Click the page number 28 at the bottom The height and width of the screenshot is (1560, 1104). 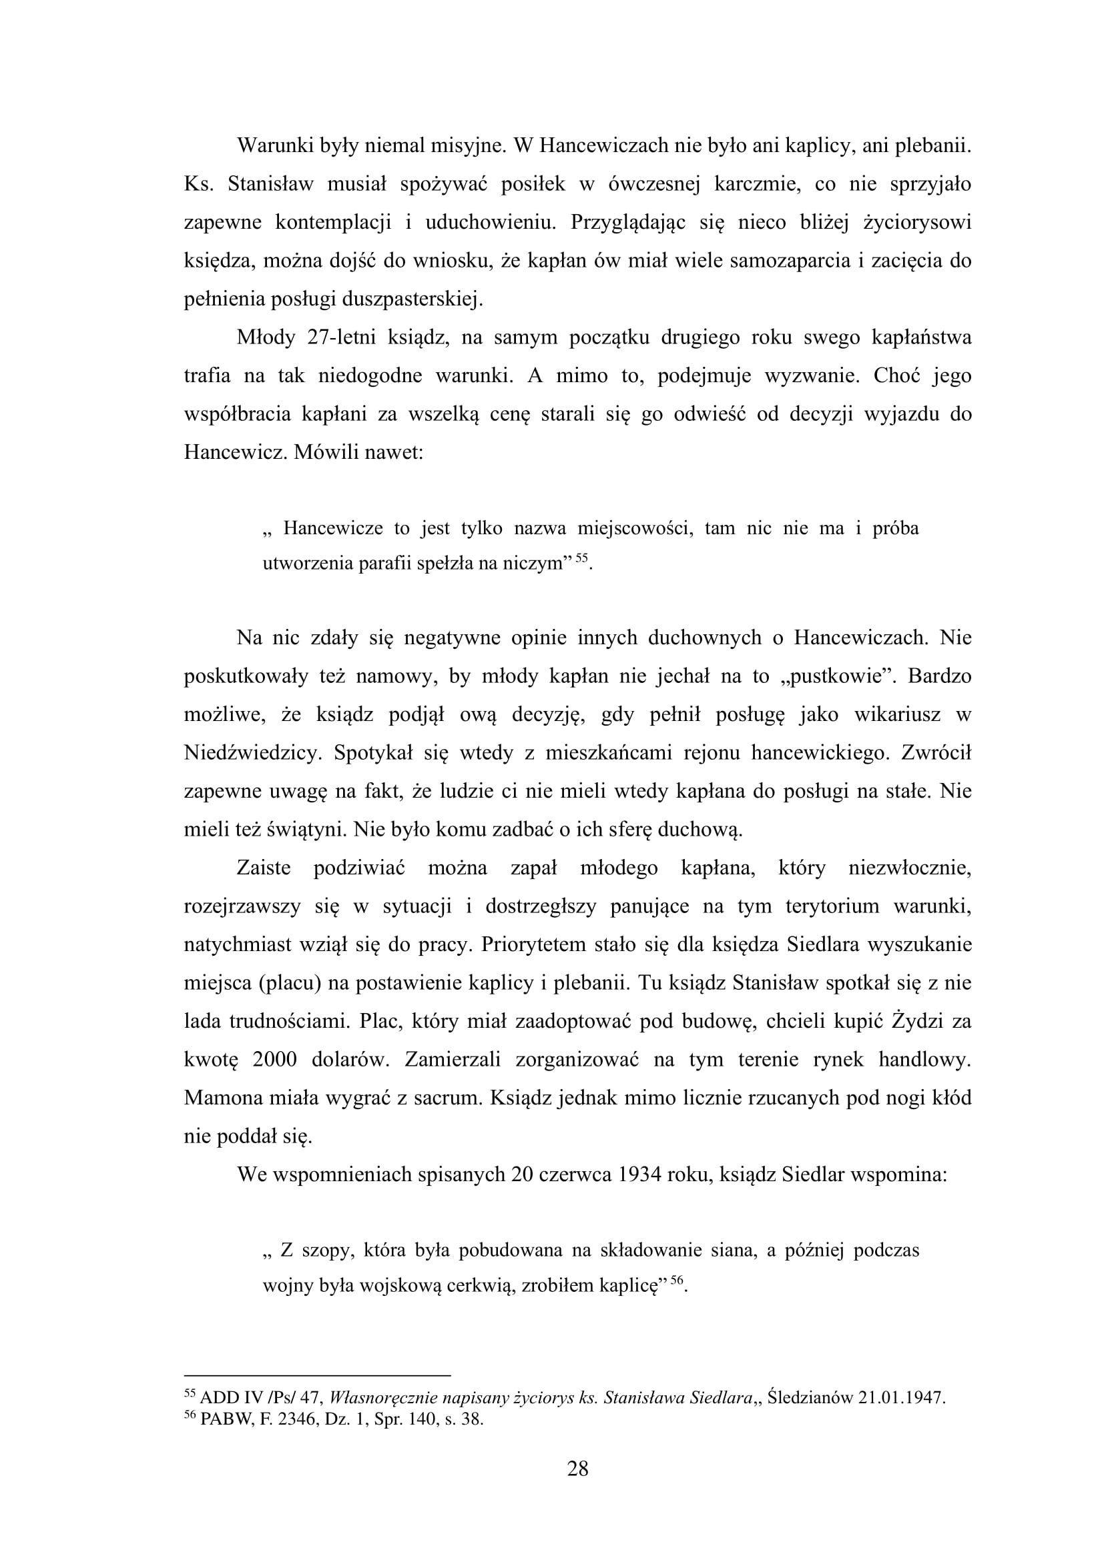pos(577,1469)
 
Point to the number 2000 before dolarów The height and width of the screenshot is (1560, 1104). pos(275,1060)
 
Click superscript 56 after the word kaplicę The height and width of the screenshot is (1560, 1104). pos(676,1280)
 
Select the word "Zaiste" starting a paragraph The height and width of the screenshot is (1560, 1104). pos(264,868)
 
